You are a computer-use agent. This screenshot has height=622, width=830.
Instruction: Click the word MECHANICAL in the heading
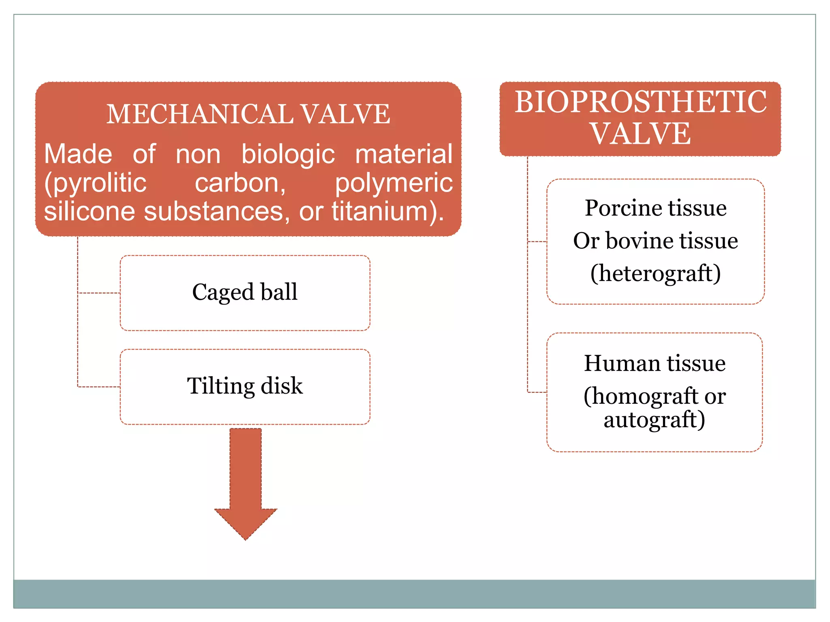[x=200, y=114]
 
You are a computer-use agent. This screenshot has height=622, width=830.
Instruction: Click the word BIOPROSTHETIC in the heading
[x=640, y=102]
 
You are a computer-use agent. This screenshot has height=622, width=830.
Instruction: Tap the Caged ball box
[x=245, y=293]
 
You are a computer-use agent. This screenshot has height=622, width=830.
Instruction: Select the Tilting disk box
[x=245, y=387]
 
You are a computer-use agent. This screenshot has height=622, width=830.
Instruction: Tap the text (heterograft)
[x=655, y=274]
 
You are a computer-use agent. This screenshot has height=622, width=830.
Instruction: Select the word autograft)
[x=654, y=420]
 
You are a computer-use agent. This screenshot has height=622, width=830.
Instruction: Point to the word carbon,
[x=240, y=183]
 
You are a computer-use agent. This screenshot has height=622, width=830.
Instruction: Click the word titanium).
[x=388, y=212]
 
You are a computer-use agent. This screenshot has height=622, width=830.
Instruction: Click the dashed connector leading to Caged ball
[x=99, y=293]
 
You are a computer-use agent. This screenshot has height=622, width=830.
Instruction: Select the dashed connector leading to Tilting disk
[x=99, y=387]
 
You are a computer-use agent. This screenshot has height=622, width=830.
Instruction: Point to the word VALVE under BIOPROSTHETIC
[x=640, y=134]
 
